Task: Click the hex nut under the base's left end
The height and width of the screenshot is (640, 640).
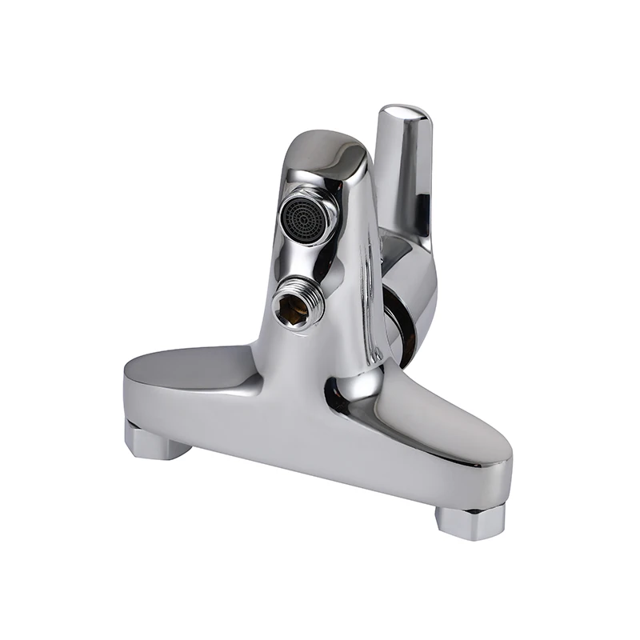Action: [156, 441]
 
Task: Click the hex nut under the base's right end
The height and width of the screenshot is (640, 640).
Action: [470, 521]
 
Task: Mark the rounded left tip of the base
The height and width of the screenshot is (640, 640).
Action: [128, 380]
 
